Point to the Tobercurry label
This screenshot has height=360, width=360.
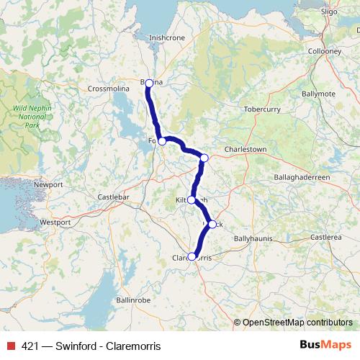[x=264, y=110]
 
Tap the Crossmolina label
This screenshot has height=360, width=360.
[x=107, y=89]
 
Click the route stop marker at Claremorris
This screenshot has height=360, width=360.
[x=192, y=256]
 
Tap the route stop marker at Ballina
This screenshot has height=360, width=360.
[x=149, y=84]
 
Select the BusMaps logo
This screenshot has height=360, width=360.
[x=325, y=345]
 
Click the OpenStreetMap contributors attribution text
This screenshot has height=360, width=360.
[x=297, y=322]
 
